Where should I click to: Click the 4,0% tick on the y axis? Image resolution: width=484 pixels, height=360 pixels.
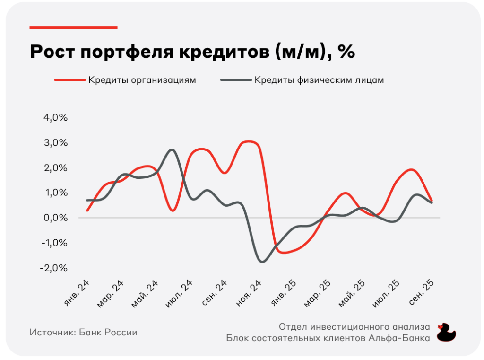(x=56, y=118)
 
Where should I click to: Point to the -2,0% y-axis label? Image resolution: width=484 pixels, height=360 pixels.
(x=55, y=268)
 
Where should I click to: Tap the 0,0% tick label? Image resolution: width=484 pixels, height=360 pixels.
(x=56, y=218)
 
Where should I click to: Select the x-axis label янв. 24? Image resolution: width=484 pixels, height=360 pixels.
(x=78, y=290)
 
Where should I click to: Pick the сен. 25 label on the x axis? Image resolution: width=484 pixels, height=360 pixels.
(x=422, y=291)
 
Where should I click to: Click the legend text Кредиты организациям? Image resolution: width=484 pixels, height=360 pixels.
(x=142, y=80)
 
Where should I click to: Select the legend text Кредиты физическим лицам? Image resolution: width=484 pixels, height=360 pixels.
(x=319, y=80)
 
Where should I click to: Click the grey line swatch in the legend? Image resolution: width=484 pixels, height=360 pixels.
(x=235, y=80)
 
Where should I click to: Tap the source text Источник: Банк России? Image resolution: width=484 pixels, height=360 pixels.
(x=83, y=333)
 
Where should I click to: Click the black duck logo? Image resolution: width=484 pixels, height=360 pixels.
(x=445, y=332)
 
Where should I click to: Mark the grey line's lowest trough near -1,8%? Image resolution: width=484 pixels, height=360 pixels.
(x=263, y=262)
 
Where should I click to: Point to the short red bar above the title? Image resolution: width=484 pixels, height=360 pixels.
(x=73, y=27)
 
